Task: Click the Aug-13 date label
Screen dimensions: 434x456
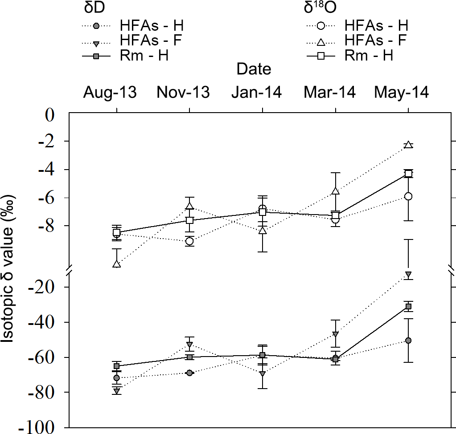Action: [110, 92]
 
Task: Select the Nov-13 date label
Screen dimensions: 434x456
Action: [183, 92]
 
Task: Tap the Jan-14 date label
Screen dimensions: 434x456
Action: [256, 92]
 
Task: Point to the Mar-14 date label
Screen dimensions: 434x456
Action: [330, 92]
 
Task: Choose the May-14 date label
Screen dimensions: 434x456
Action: [402, 92]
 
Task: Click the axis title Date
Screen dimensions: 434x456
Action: [254, 69]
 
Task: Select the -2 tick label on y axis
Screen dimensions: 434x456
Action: [49, 142]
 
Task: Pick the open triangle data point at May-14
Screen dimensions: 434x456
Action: [408, 145]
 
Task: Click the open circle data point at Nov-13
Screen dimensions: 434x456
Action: [190, 241]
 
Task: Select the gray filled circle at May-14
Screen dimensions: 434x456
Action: [408, 341]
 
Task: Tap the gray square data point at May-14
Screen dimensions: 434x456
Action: [408, 306]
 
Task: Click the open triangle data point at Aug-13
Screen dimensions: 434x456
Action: [117, 264]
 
